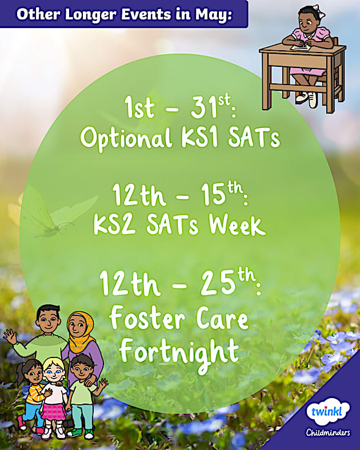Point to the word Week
pos(237,225)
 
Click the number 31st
pos(205,108)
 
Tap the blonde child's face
pos(54,373)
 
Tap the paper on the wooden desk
pos(303,46)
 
